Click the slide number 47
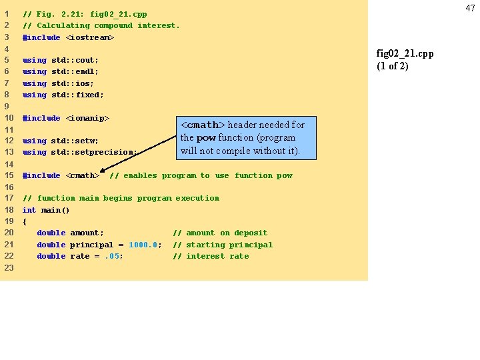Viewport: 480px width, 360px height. (x=471, y=8)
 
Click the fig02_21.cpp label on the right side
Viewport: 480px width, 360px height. (x=405, y=53)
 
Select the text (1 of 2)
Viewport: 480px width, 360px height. (x=393, y=65)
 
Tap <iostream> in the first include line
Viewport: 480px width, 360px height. (x=90, y=37)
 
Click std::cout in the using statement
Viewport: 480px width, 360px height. (x=75, y=60)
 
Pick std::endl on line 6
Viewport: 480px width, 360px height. (x=75, y=71)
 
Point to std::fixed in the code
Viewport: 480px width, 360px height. (x=77, y=95)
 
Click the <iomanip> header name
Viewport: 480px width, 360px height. (x=87, y=118)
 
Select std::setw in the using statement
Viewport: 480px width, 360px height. (x=75, y=141)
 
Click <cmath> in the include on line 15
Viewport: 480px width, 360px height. (x=83, y=175)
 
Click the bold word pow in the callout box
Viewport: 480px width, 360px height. (x=205, y=138)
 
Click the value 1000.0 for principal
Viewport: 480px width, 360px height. (x=145, y=245)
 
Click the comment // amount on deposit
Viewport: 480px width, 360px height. (x=220, y=233)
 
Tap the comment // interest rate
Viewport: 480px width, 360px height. (x=211, y=256)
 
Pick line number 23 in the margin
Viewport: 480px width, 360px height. (x=9, y=267)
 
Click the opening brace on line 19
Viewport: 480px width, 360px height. (x=25, y=221)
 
